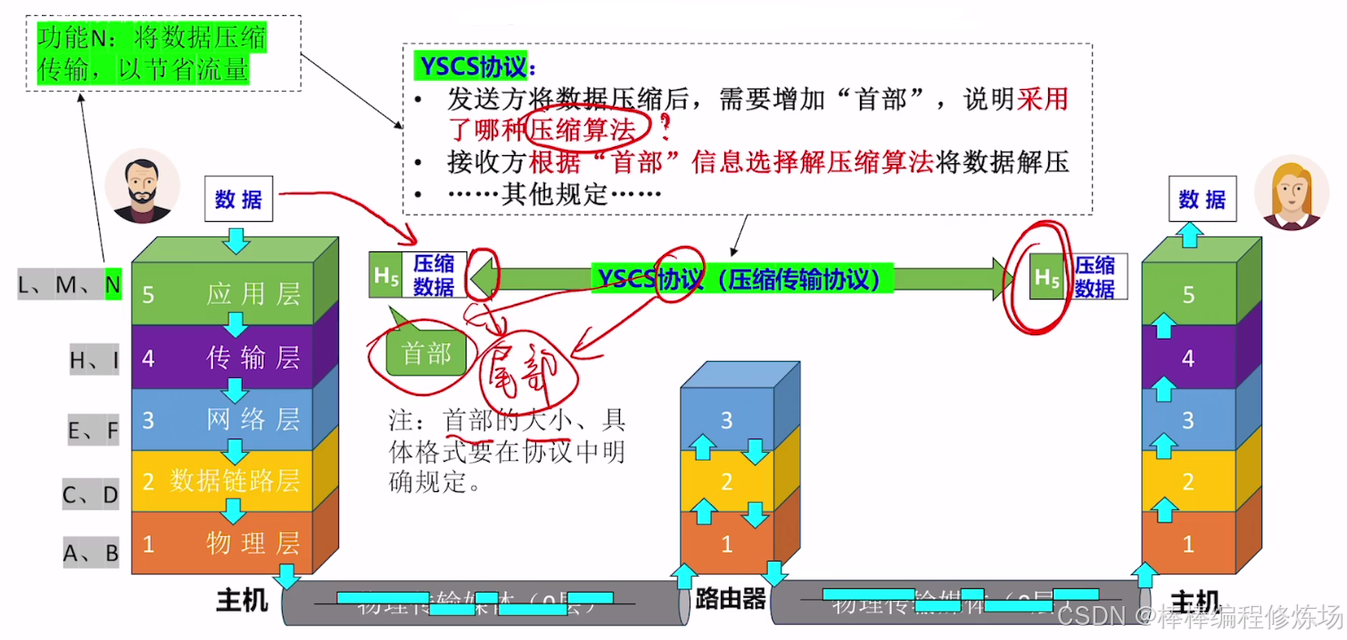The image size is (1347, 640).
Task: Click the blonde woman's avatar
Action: point(1291,192)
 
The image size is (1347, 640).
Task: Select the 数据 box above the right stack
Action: point(1202,200)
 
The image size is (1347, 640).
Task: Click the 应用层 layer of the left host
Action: point(223,294)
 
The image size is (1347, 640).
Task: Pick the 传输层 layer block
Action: point(223,358)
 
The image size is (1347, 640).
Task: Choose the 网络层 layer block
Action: point(223,420)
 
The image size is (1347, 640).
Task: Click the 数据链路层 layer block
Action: point(223,481)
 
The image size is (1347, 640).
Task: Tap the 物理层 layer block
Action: point(223,543)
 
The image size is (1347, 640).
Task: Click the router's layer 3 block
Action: point(727,420)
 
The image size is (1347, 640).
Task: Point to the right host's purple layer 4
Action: point(1188,358)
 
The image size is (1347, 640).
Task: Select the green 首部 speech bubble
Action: point(426,354)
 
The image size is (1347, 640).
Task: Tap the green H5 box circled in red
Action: point(1047,277)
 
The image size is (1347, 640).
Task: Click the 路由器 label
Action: point(731,599)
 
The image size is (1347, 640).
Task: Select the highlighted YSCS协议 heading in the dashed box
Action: point(475,67)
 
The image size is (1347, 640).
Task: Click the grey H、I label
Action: point(94,359)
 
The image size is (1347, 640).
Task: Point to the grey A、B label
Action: point(90,554)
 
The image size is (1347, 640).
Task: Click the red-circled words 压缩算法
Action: point(583,130)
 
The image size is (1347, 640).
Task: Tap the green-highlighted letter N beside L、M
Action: point(112,284)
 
